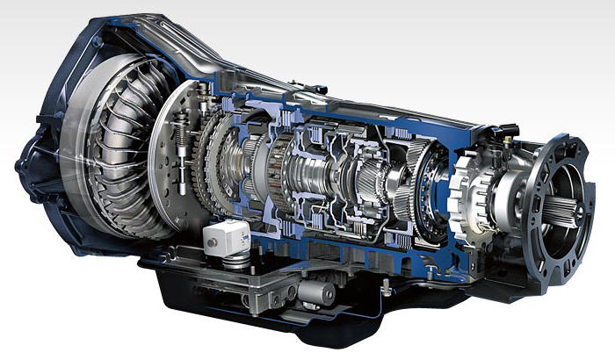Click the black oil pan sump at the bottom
[264, 316]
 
